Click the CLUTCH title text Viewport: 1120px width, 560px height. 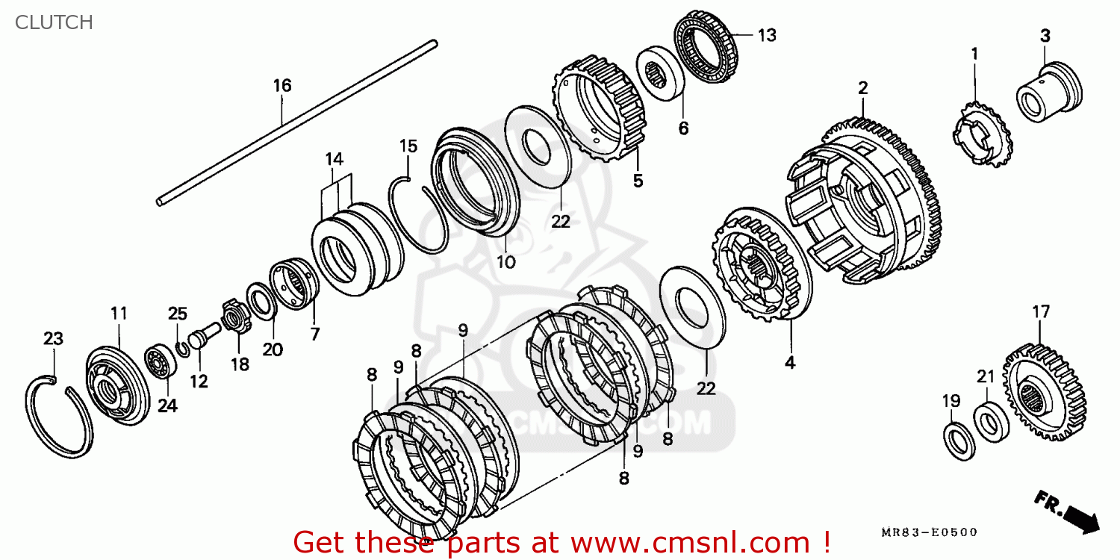point(54,22)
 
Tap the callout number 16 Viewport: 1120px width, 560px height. point(282,86)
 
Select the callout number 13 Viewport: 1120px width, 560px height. point(767,36)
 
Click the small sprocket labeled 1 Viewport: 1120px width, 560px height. point(982,134)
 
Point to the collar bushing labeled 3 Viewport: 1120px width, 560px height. point(1049,92)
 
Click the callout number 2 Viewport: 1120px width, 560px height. point(863,89)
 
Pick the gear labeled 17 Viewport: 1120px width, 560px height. point(1044,392)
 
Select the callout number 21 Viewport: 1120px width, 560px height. point(986,376)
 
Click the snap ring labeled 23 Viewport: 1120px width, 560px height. point(58,417)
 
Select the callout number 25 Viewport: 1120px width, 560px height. point(178,314)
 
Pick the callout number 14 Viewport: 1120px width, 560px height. point(334,159)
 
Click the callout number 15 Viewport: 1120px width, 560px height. point(408,146)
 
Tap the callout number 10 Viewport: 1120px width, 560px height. point(505,262)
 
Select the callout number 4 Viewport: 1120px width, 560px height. point(789,362)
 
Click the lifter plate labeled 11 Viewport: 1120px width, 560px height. point(117,386)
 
